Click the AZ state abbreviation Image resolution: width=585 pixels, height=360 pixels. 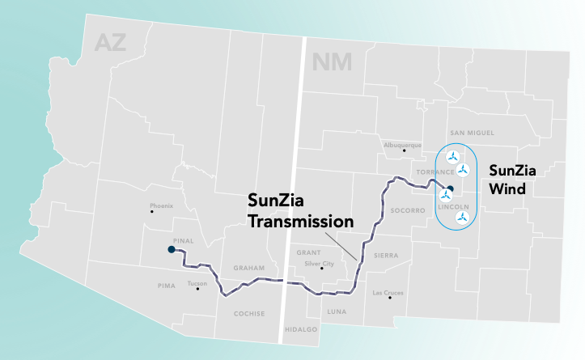click(x=110, y=43)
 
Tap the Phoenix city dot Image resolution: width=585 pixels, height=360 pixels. click(x=151, y=212)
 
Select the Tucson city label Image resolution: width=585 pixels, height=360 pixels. click(x=197, y=283)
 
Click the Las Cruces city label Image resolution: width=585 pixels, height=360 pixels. click(x=387, y=292)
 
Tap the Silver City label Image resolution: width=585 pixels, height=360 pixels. click(x=319, y=263)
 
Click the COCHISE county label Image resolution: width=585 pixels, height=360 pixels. click(x=248, y=314)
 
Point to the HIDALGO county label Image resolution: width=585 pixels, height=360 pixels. click(x=301, y=329)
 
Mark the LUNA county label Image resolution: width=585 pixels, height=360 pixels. click(x=335, y=311)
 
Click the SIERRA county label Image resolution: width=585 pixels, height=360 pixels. click(x=386, y=255)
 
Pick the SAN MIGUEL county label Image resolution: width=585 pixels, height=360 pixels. click(x=471, y=133)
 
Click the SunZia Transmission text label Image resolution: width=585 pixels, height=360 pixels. click(x=300, y=210)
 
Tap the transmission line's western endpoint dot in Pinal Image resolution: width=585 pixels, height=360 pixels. click(x=171, y=250)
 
